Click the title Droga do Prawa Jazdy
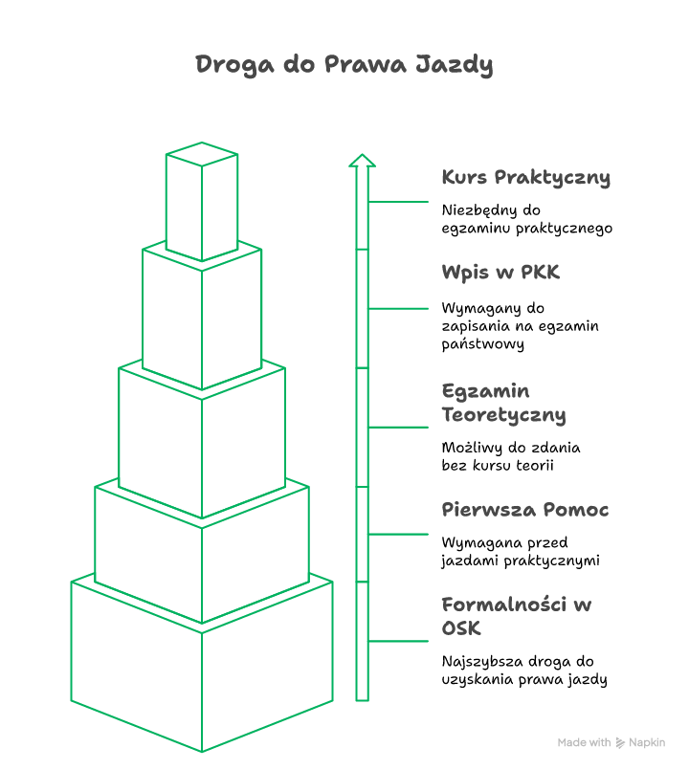(344, 65)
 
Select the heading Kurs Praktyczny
(526, 178)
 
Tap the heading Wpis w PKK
(500, 273)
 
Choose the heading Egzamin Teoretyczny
(503, 403)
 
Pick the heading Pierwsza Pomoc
(524, 510)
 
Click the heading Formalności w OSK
(517, 616)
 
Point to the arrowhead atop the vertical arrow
(362, 161)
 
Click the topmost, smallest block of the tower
(202, 201)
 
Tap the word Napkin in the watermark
(647, 742)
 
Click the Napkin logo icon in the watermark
(620, 743)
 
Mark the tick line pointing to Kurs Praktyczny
(398, 202)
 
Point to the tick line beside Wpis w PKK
(398, 309)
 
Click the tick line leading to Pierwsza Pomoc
(398, 535)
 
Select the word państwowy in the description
(482, 344)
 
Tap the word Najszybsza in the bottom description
(481, 662)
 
